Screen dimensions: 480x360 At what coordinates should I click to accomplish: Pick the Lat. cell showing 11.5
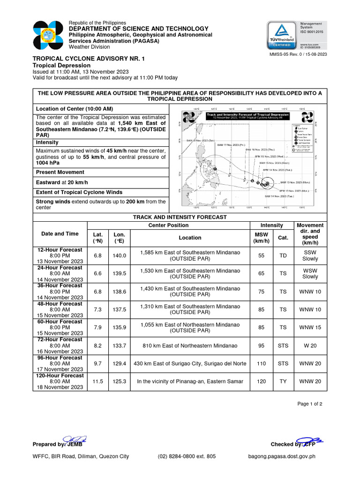(x=98, y=382)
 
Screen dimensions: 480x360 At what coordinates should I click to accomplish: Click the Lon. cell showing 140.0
(x=120, y=255)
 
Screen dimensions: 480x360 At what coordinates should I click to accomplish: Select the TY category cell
(x=283, y=382)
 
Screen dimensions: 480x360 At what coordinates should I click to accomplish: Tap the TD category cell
(x=283, y=255)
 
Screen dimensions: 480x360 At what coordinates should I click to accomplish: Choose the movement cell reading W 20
(x=310, y=345)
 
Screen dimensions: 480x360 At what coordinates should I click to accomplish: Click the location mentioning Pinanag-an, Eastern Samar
(x=190, y=382)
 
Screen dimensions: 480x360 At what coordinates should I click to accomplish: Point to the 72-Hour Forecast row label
(x=60, y=339)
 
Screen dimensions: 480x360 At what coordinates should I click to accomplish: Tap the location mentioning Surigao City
(x=190, y=363)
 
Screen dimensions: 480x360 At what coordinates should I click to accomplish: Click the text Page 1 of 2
(x=310, y=404)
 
